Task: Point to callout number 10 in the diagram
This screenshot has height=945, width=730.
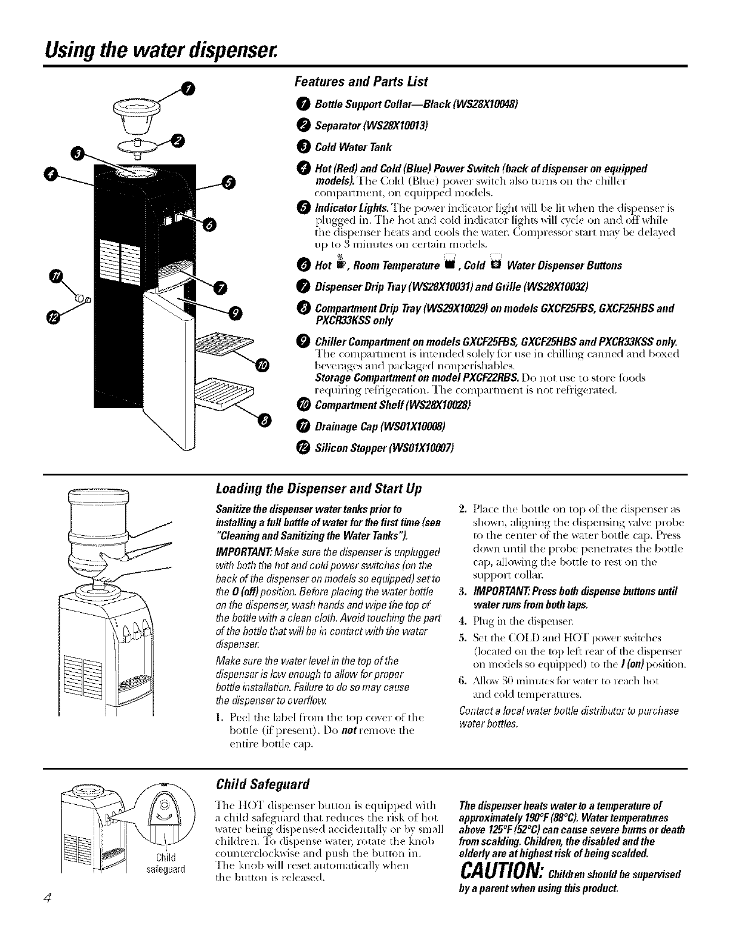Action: [x=263, y=365]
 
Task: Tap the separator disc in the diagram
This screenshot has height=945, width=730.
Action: [x=139, y=146]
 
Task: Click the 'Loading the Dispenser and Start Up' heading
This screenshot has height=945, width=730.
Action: [x=318, y=489]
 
